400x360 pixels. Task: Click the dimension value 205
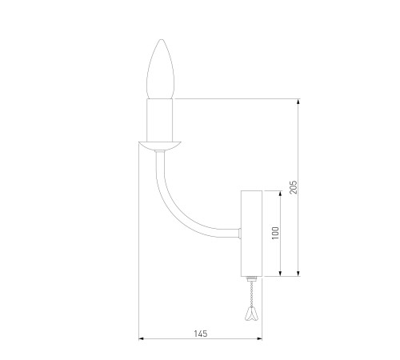pos(293,187)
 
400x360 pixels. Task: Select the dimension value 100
pos(275,233)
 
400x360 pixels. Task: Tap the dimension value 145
pos(201,334)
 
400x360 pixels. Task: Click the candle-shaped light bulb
pos(161,70)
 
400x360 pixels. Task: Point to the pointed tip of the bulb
pos(161,39)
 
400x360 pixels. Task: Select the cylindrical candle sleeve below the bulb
pos(160,120)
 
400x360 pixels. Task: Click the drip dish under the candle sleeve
pos(160,146)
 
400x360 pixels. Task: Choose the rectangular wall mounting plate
pos(252,234)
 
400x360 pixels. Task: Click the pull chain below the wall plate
pos(251,294)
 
